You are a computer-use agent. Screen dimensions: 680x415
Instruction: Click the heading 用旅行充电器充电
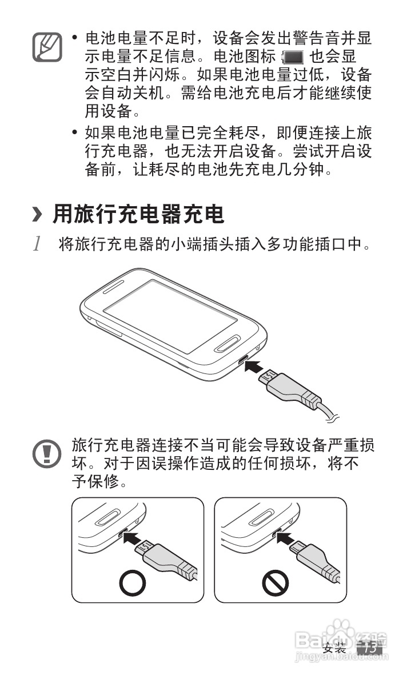point(138,215)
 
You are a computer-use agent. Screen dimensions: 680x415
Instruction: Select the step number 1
point(38,245)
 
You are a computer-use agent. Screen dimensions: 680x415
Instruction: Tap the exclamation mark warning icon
point(46,454)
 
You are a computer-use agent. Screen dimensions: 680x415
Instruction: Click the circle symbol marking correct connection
point(133,583)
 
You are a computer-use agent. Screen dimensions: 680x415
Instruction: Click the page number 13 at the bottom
point(369,648)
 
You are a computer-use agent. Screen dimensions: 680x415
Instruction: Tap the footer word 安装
point(334,649)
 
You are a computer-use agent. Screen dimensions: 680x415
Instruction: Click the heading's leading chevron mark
point(38,215)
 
